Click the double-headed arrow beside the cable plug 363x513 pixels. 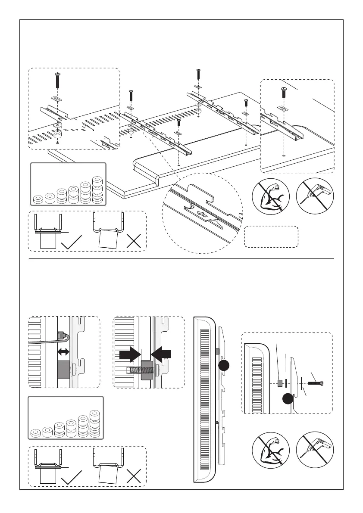64,352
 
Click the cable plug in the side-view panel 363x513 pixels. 61,335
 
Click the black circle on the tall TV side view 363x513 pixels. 223,366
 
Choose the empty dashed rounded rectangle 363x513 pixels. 271,236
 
